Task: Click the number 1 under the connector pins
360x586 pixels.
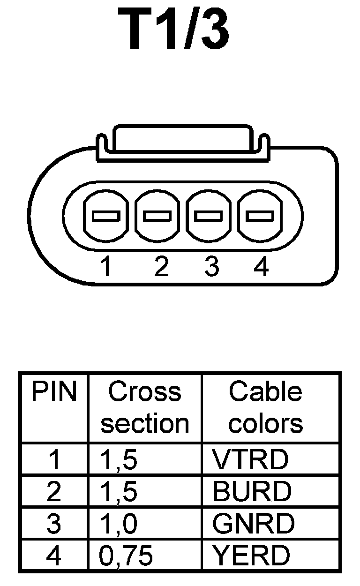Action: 107,268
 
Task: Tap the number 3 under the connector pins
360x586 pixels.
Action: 211,268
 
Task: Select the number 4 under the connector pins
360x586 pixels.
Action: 261,268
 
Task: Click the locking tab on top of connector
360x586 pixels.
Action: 183,139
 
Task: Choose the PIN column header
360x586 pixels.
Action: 54,392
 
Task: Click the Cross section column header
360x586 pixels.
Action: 145,407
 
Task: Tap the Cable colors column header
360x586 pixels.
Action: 265,407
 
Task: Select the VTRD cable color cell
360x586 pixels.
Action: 250,460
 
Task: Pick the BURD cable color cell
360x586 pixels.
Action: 252,492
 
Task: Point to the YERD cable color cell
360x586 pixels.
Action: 251,556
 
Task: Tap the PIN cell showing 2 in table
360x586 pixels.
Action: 54,492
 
